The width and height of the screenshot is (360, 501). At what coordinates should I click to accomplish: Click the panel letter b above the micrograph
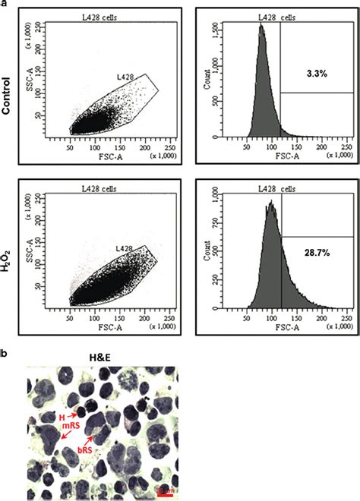pyautogui.click(x=5, y=354)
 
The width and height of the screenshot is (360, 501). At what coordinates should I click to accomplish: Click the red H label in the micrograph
pyautogui.click(x=65, y=414)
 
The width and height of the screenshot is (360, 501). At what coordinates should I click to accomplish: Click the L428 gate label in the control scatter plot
pyautogui.click(x=126, y=77)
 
